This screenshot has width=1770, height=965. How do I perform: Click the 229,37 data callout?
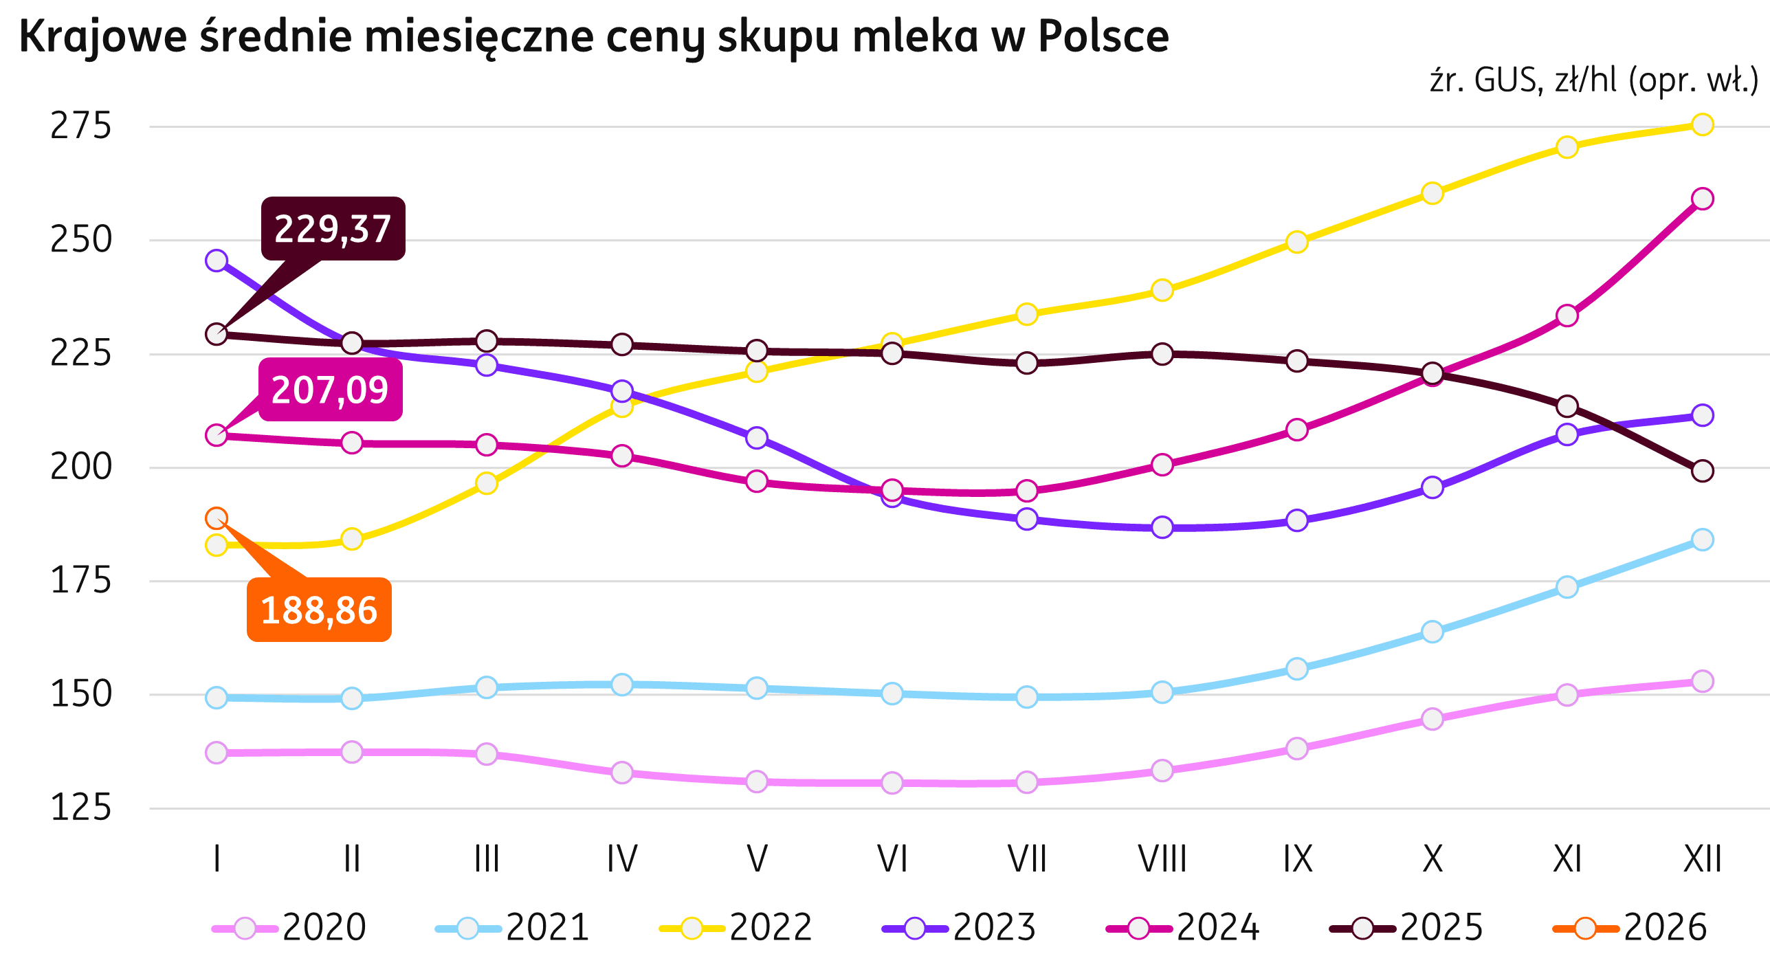pos(333,229)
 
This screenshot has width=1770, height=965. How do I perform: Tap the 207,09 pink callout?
pos(330,390)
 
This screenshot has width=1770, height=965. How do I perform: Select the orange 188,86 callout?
pos(319,610)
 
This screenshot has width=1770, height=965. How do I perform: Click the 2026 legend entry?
pos(1630,928)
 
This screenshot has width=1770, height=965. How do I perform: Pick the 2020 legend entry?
pos(289,928)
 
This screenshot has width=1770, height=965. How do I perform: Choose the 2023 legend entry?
pos(960,928)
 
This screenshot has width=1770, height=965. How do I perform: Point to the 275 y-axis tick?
pos(80,126)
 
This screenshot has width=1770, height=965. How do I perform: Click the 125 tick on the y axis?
pos(80,808)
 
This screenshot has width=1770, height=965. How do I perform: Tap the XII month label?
pos(1702,858)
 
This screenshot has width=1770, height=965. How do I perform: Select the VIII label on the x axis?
pos(1162,858)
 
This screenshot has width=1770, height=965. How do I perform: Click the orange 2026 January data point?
pos(217,518)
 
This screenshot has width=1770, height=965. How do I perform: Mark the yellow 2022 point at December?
pos(1702,124)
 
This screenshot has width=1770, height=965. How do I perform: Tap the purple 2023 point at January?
pos(217,260)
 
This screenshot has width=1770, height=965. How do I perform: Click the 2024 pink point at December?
pos(1702,199)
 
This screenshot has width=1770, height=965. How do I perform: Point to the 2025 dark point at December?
pos(1702,471)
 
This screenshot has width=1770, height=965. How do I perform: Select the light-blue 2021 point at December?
pos(1702,540)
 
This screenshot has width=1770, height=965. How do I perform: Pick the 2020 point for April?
pos(621,773)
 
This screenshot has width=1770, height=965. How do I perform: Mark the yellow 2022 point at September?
pos(1296,242)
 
